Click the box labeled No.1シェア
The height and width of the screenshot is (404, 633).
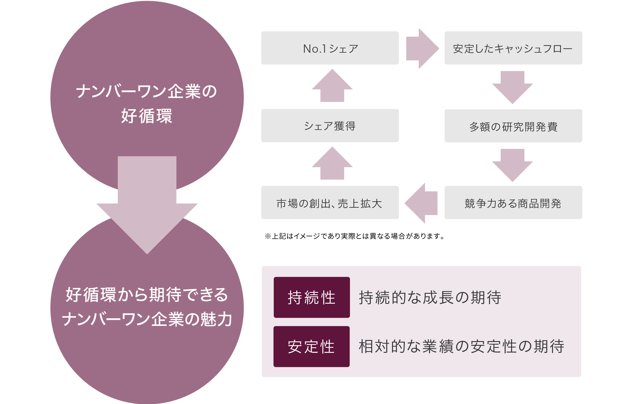[330, 48]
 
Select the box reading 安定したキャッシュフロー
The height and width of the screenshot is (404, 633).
[513, 48]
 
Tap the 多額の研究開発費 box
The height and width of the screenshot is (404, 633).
[513, 126]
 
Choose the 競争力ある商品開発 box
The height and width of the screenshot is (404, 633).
[513, 203]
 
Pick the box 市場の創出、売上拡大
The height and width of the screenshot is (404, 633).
[330, 203]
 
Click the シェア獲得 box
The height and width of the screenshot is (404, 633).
[330, 126]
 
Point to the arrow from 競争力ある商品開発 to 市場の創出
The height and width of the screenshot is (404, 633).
[421, 203]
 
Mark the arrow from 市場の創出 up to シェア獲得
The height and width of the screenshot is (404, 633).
[332, 164]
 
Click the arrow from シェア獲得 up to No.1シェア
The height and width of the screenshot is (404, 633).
[332, 86]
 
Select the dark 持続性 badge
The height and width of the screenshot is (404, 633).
[312, 297]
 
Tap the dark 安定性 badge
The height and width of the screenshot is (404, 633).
[312, 346]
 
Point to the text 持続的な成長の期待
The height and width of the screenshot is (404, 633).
[430, 298]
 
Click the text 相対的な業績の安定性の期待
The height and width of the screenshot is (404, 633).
[461, 346]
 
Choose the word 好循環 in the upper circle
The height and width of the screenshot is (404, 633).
[147, 116]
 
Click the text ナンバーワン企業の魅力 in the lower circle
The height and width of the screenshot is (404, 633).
[147, 319]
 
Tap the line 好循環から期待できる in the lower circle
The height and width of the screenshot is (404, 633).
[147, 295]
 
